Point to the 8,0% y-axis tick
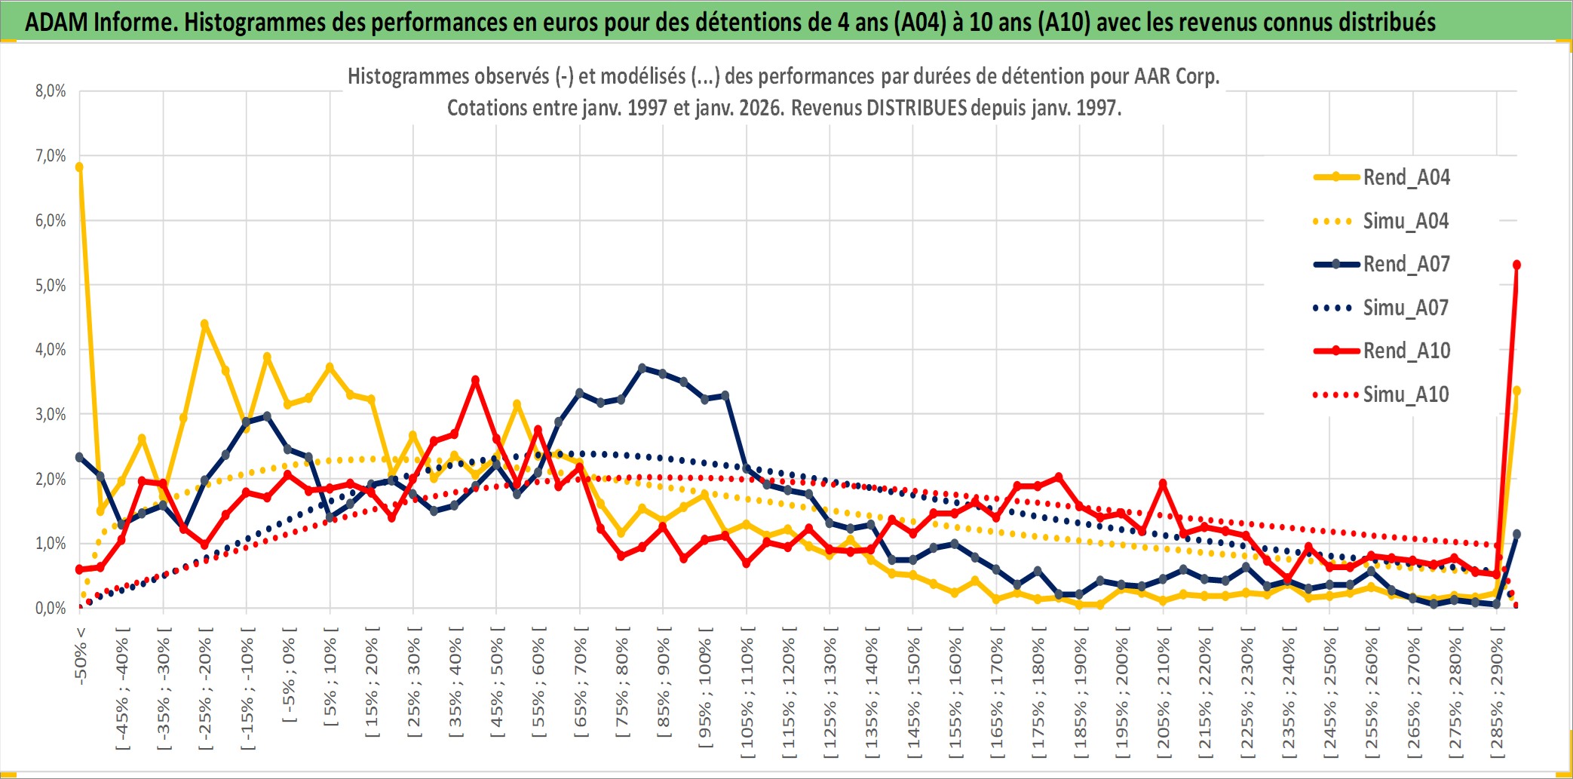pyautogui.click(x=51, y=91)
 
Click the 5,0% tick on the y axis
pyautogui.click(x=51, y=285)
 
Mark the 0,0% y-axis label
pyautogui.click(x=51, y=608)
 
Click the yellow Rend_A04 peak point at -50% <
pyautogui.click(x=79, y=167)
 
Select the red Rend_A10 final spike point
pyautogui.click(x=1516, y=265)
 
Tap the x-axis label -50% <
pyautogui.click(x=81, y=655)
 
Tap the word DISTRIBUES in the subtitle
pyautogui.click(x=916, y=108)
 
